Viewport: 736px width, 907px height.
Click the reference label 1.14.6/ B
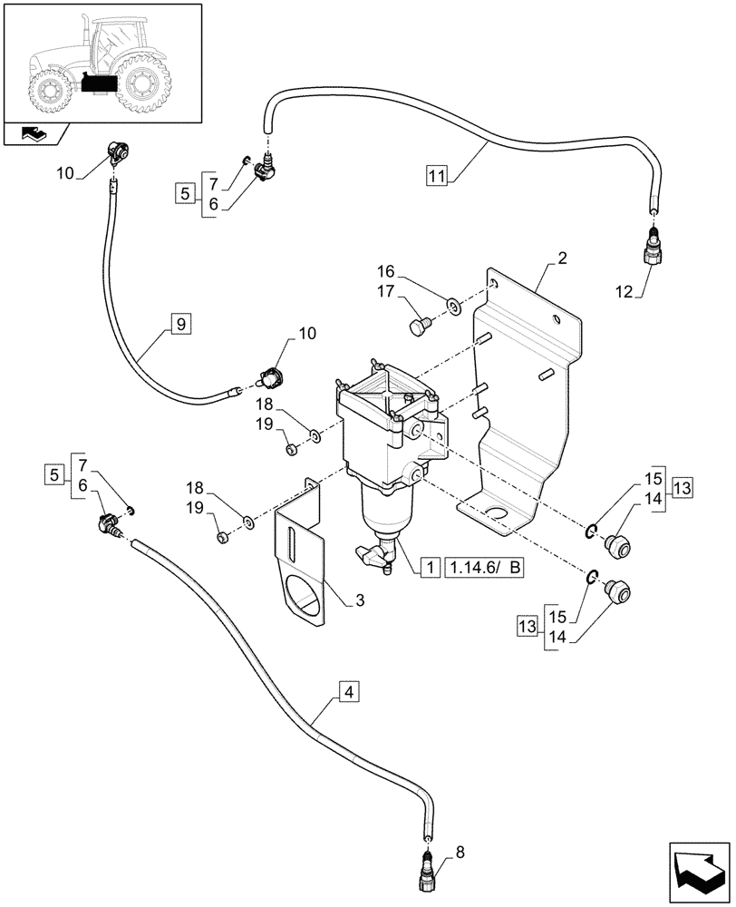click(486, 568)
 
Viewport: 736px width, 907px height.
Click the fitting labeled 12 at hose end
click(654, 249)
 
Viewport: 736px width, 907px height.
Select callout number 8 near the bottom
click(460, 852)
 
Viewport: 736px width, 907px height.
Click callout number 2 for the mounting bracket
click(563, 258)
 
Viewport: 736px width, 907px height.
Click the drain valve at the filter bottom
click(376, 554)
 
